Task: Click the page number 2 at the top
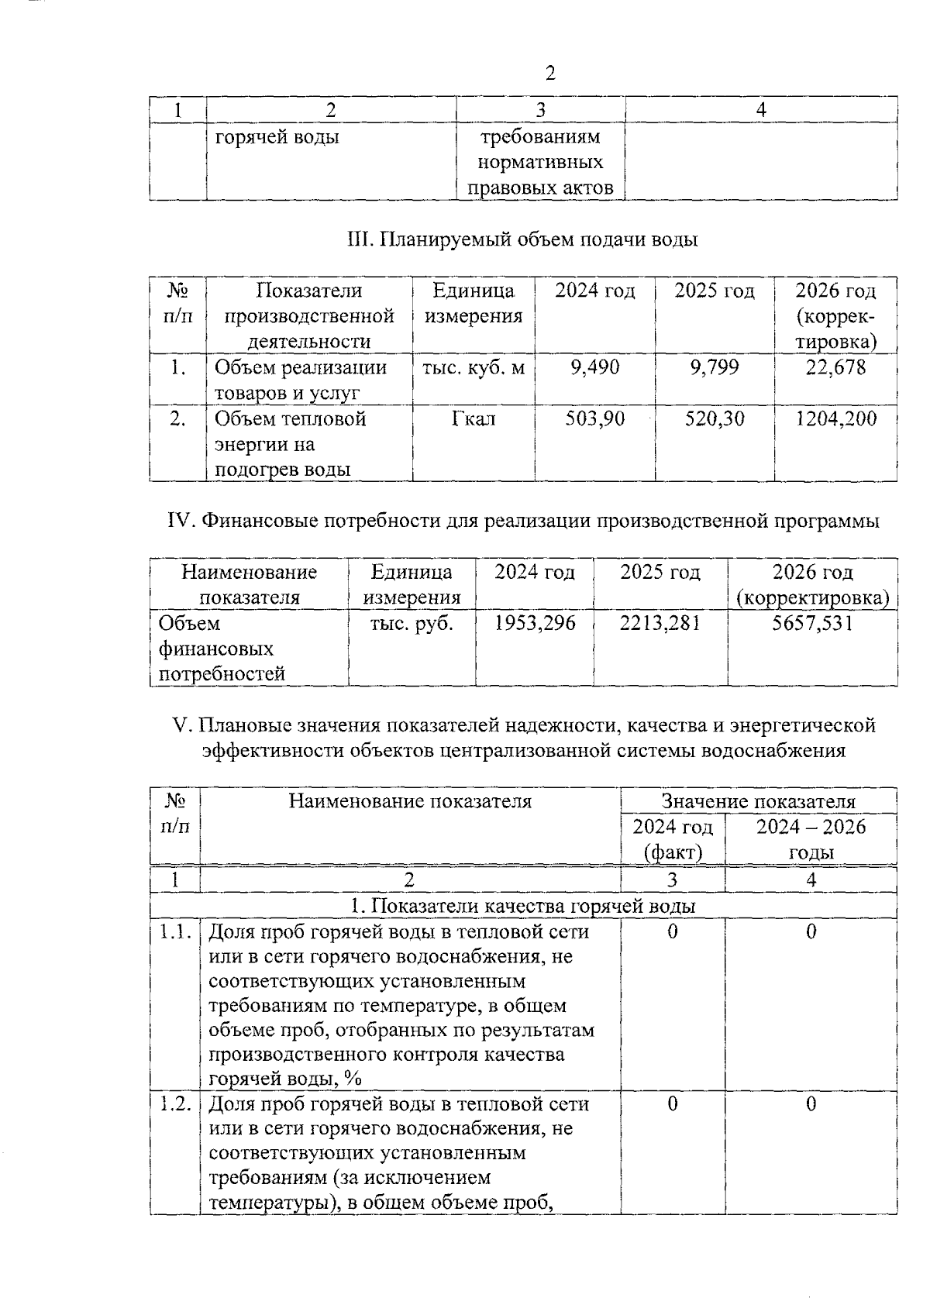tap(550, 74)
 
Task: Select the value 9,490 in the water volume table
tap(594, 367)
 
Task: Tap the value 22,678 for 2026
tap(835, 367)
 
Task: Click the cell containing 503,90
tap(594, 419)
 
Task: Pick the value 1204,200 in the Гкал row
tap(836, 419)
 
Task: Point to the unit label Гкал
tap(474, 419)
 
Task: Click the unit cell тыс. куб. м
tap(474, 367)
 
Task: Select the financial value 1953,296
tap(535, 623)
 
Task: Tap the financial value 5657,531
tap(812, 623)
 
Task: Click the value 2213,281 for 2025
tap(660, 623)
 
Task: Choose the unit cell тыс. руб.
tap(412, 623)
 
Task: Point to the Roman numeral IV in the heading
tap(181, 522)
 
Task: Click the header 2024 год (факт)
tap(673, 839)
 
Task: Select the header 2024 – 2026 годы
tap(811, 839)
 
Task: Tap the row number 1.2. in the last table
tap(175, 1104)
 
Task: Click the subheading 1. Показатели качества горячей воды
tap(523, 906)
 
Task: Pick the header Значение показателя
tap(758, 801)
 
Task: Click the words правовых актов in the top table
tap(541, 188)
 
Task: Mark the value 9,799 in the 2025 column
tap(715, 367)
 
